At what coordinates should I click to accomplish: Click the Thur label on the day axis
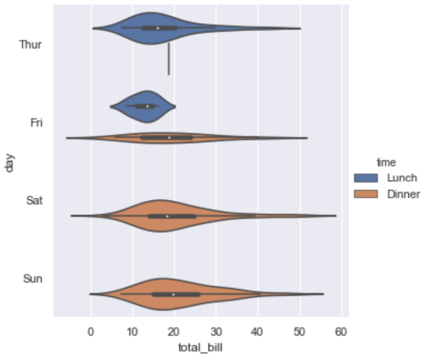pyautogui.click(x=30, y=45)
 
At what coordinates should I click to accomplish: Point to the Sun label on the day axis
pyautogui.click(x=33, y=279)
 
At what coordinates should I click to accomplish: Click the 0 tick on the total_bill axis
pyautogui.click(x=91, y=332)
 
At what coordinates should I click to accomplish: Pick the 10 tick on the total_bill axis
pyautogui.click(x=132, y=332)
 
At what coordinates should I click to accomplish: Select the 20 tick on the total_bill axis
pyautogui.click(x=174, y=332)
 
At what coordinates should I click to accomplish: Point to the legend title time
pyautogui.click(x=384, y=161)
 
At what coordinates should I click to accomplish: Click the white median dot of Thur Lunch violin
pyautogui.click(x=158, y=28)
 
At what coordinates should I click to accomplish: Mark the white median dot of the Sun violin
pyautogui.click(x=173, y=294)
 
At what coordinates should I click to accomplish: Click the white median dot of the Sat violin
pyautogui.click(x=167, y=216)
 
